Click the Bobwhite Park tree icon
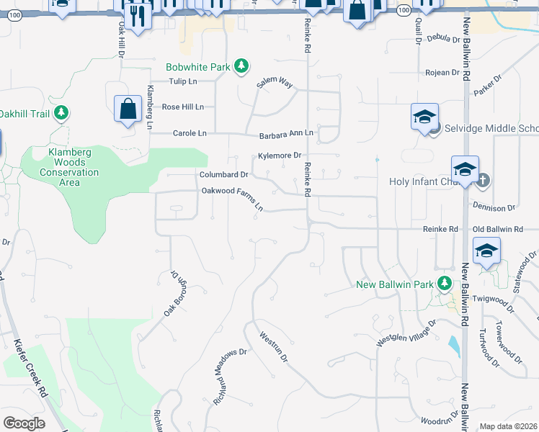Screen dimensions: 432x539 (x=241, y=67)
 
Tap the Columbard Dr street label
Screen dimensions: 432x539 (x=224, y=174)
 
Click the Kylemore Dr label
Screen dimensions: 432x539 (x=279, y=156)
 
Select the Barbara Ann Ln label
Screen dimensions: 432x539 (x=287, y=134)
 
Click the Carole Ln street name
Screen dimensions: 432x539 (x=190, y=133)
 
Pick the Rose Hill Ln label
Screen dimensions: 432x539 (x=183, y=107)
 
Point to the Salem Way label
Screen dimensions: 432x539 (x=275, y=84)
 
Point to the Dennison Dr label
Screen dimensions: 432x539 (x=494, y=207)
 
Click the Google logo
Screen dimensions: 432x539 (x=24, y=423)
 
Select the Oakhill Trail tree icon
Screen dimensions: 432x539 (x=62, y=113)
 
